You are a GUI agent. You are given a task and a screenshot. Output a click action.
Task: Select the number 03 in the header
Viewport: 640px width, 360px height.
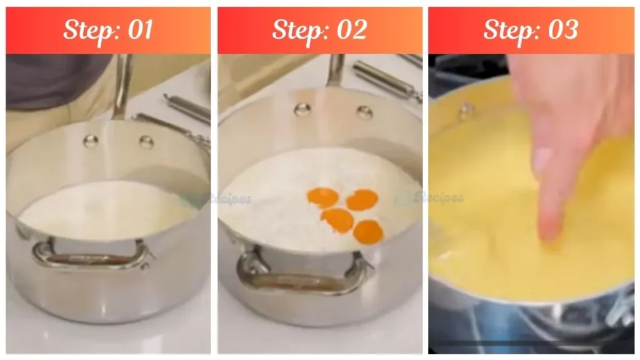coord(561,30)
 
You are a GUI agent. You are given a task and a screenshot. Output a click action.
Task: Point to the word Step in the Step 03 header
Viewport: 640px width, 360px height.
coord(507,30)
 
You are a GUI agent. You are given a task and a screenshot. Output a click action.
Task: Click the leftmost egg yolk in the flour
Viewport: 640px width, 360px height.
coord(322,197)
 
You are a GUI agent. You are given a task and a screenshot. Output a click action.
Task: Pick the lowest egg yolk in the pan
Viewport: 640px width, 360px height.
coord(367,232)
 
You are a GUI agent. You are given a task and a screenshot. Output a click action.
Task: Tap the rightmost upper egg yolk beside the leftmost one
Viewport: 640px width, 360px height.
coord(362,199)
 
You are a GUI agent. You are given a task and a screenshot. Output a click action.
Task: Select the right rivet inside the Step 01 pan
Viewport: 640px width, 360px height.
coord(146,142)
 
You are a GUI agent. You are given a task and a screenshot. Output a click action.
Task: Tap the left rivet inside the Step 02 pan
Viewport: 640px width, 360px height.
coord(302,109)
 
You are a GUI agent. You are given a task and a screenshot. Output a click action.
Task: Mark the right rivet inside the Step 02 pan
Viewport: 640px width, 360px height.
coord(364,112)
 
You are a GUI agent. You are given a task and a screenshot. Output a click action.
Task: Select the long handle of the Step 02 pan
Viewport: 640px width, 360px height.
coord(336,70)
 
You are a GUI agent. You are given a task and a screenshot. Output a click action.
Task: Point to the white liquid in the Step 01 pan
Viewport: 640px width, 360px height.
coord(106,209)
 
